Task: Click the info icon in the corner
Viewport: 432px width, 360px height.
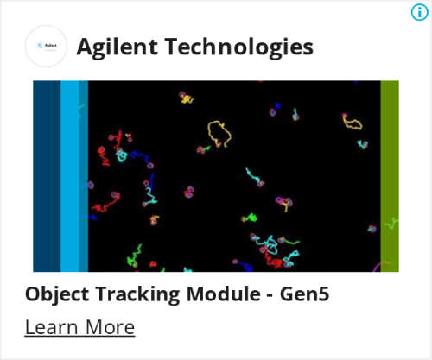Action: (x=419, y=12)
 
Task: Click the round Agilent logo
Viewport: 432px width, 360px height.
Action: (x=46, y=46)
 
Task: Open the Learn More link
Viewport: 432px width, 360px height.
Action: (x=79, y=327)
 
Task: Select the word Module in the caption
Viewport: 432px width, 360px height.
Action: (x=224, y=294)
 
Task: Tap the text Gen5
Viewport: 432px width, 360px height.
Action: (x=304, y=294)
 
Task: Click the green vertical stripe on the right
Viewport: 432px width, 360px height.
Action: (x=390, y=176)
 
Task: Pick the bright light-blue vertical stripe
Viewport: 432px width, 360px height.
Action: (x=70, y=176)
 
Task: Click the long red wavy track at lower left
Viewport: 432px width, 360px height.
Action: (x=105, y=205)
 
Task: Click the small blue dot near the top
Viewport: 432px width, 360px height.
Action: (x=277, y=105)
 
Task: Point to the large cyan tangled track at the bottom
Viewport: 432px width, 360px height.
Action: (x=270, y=245)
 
